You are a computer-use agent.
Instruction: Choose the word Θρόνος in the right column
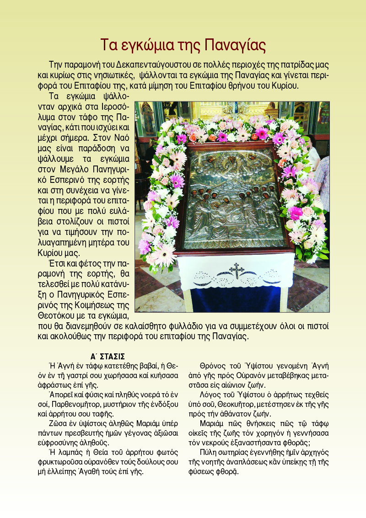click(x=212, y=366)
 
